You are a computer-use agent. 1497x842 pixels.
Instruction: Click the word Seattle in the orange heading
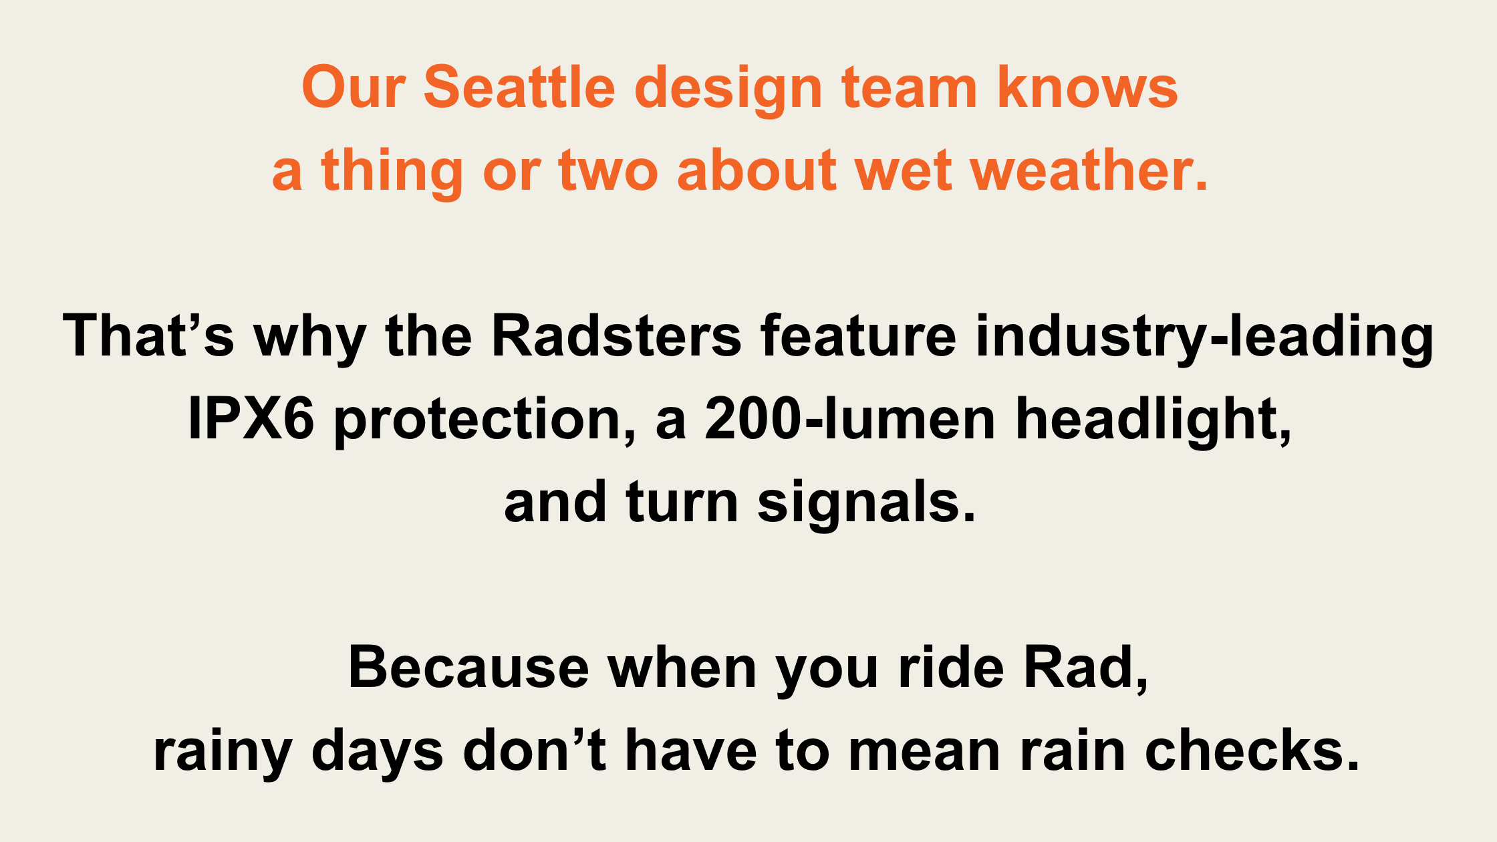[519, 88]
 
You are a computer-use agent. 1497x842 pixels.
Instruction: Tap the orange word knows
[1087, 88]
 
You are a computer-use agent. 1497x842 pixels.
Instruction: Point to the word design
[728, 90]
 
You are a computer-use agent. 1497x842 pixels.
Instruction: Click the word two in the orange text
[608, 172]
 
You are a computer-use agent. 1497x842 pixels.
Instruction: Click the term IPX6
[251, 419]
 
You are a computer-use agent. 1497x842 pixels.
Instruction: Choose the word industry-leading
[1204, 339]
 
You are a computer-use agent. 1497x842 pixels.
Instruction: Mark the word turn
[682, 503]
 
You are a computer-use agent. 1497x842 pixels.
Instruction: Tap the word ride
[951, 667]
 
